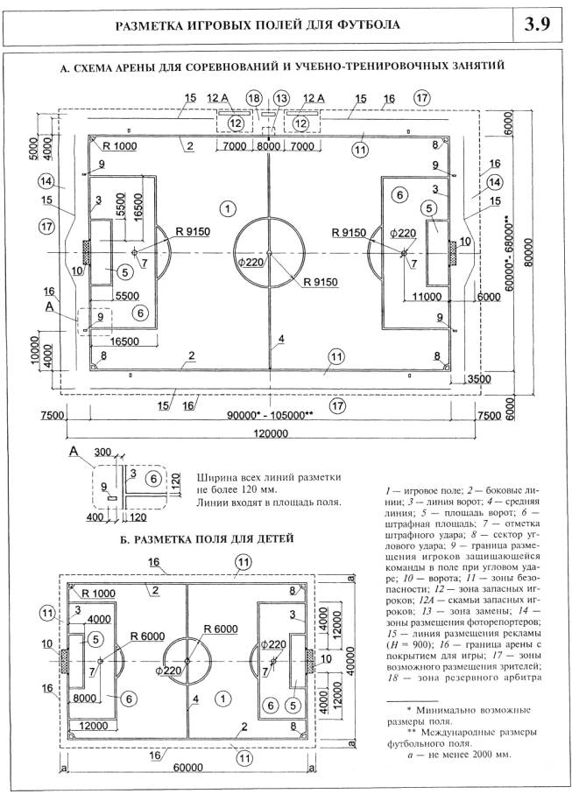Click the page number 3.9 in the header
click(x=537, y=24)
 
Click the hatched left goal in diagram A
click(x=86, y=253)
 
